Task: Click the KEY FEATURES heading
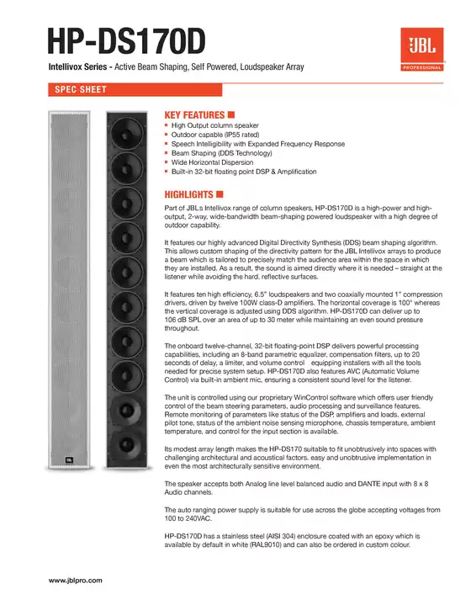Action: pos(194,114)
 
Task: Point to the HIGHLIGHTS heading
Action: pos(189,194)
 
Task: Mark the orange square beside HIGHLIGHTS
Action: pos(220,194)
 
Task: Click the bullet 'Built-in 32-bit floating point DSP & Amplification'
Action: pos(244,172)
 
